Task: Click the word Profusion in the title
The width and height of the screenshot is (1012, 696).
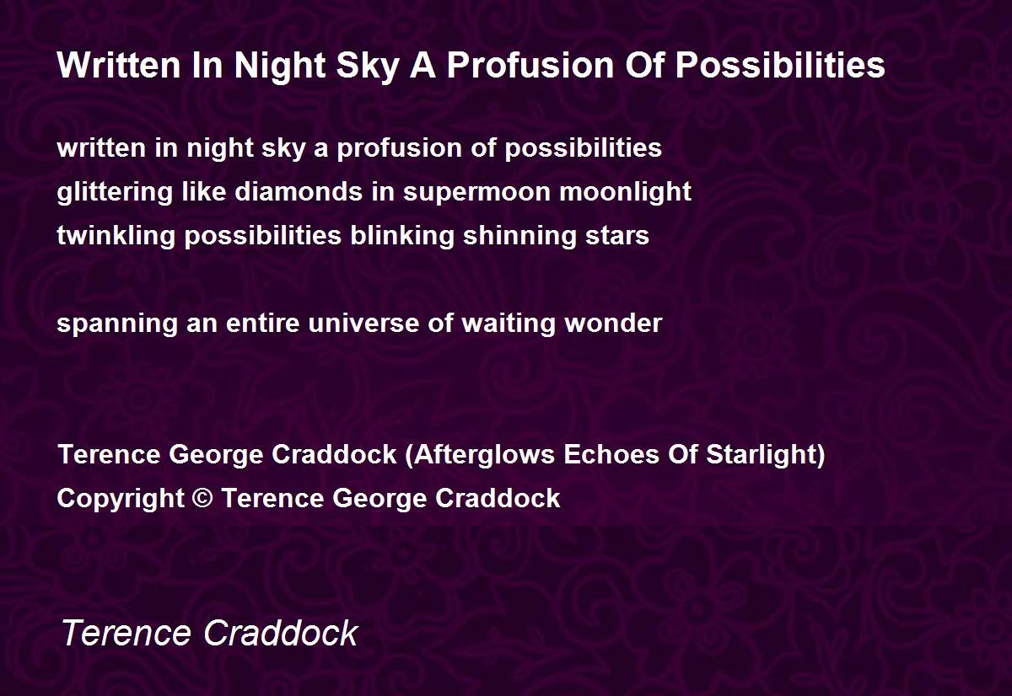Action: [530, 65]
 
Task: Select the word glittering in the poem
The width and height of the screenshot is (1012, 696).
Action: [115, 192]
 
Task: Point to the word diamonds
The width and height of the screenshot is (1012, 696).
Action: [299, 191]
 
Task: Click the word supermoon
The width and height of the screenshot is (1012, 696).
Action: [476, 193]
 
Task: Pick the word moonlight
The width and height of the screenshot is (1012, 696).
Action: [625, 192]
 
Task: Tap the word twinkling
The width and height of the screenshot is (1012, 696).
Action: [116, 236]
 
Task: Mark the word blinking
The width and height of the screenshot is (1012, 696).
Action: [402, 236]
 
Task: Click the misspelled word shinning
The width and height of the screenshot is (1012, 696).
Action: [519, 236]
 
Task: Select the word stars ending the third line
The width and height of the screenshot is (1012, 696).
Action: [617, 237]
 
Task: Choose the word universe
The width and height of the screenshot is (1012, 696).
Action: [363, 324]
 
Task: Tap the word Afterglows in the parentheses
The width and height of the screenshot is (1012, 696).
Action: [483, 454]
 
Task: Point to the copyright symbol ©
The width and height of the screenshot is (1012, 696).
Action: [202, 498]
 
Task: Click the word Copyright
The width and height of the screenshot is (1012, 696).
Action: [121, 499]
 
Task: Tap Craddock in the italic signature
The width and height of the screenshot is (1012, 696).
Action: [281, 633]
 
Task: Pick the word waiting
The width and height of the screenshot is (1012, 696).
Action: [509, 324]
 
